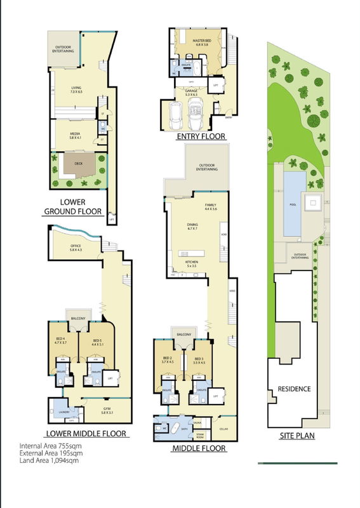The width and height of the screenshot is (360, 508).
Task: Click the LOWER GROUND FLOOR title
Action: (x=72, y=206)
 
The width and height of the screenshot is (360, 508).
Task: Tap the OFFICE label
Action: (x=76, y=247)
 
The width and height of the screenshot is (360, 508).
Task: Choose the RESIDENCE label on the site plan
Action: (x=293, y=389)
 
